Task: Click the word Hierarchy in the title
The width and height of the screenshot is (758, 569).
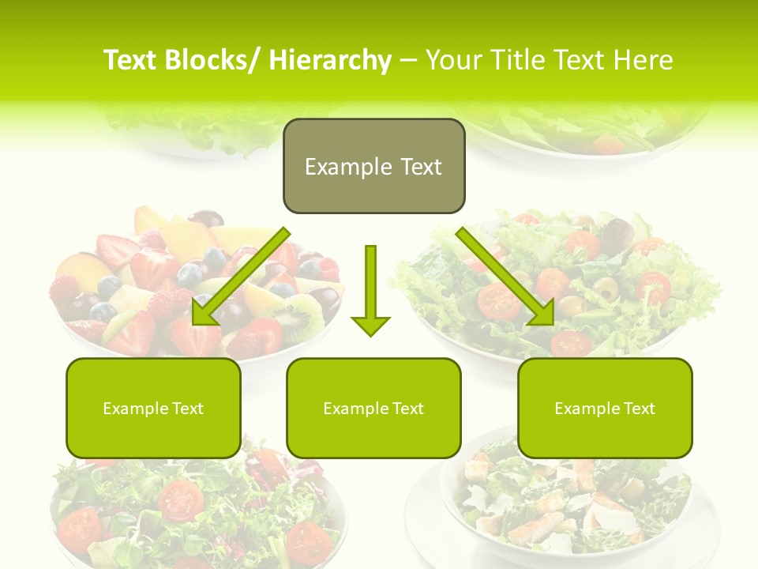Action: click(330, 60)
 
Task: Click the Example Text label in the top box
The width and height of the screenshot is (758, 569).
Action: click(373, 167)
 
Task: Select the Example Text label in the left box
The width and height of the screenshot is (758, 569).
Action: click(153, 409)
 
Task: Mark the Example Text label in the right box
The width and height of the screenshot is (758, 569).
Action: click(605, 409)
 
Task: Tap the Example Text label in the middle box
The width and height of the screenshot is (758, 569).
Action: click(373, 409)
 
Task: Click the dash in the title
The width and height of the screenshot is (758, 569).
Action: click(408, 60)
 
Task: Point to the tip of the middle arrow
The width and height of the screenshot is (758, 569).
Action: click(370, 334)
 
